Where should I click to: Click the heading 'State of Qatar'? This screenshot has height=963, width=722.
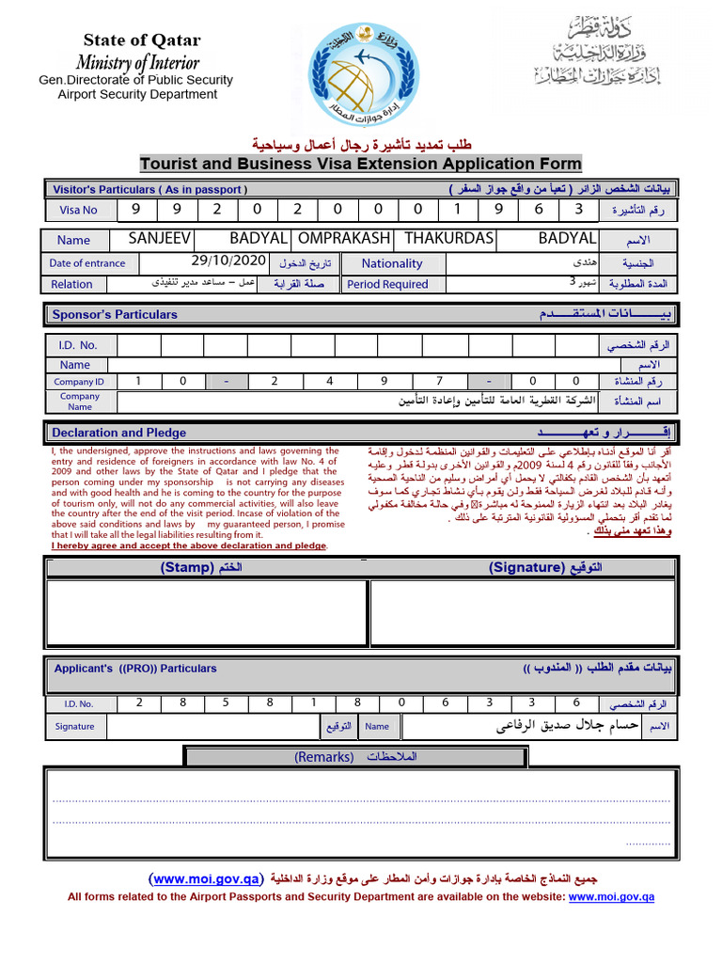[142, 40]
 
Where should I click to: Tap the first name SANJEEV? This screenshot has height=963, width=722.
[160, 239]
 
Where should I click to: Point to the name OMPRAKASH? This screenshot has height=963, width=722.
[344, 239]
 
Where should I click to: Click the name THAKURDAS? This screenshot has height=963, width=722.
[448, 239]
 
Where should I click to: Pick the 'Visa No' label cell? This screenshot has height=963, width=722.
[78, 211]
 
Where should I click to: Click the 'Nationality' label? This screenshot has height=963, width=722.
[392, 264]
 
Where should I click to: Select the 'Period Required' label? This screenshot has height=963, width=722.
[387, 284]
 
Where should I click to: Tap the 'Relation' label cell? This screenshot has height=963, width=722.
[72, 284]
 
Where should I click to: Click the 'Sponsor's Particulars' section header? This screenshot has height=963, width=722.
[115, 315]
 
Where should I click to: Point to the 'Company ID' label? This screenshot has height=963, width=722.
[79, 382]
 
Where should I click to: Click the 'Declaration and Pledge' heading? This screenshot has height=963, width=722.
[119, 433]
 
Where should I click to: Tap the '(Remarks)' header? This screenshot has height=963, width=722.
[324, 757]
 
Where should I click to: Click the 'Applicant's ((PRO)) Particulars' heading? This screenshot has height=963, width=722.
[135, 669]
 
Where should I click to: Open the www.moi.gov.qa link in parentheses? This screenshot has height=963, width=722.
[205, 879]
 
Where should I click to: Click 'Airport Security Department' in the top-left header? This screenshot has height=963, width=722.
[137, 94]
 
